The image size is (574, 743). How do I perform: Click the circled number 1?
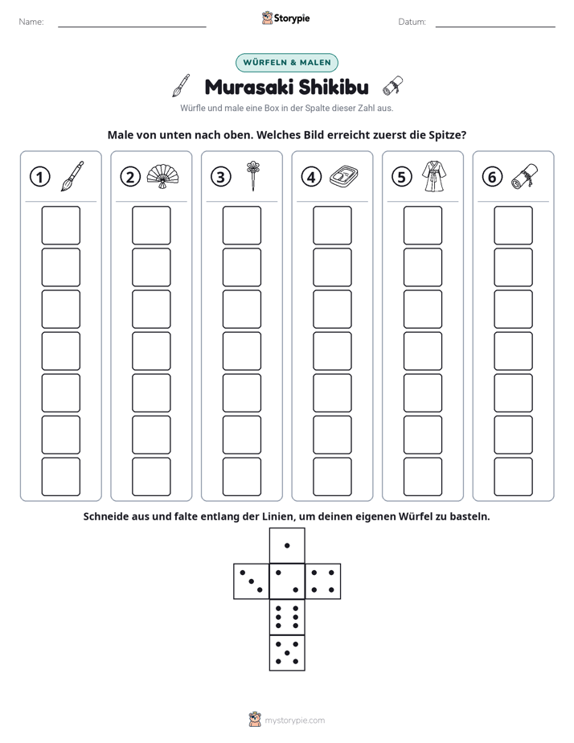pos(39,177)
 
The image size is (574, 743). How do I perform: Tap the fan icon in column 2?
pos(163,176)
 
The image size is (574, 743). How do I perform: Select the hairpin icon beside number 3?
pos(253,176)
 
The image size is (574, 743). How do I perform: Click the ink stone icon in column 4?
pos(344,177)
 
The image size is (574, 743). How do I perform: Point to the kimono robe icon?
pos(434,176)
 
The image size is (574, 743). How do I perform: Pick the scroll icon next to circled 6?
pos(525,176)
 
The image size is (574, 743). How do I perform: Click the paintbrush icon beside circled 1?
pos(72,176)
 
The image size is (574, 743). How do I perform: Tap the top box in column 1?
pos(61,225)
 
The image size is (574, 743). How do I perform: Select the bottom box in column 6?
pos(514,477)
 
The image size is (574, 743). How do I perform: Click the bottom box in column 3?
pos(242,477)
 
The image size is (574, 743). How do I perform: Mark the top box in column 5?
pos(423,225)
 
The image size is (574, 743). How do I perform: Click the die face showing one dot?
pos(287,546)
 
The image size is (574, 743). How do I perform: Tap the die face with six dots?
pos(287,617)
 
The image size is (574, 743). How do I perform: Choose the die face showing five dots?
pos(287,653)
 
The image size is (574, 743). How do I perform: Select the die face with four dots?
pos(323,581)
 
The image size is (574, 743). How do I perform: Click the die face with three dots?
pos(252,581)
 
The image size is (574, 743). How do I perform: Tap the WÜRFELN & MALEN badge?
pos(287,63)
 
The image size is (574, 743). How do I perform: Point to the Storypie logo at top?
pos(286,18)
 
